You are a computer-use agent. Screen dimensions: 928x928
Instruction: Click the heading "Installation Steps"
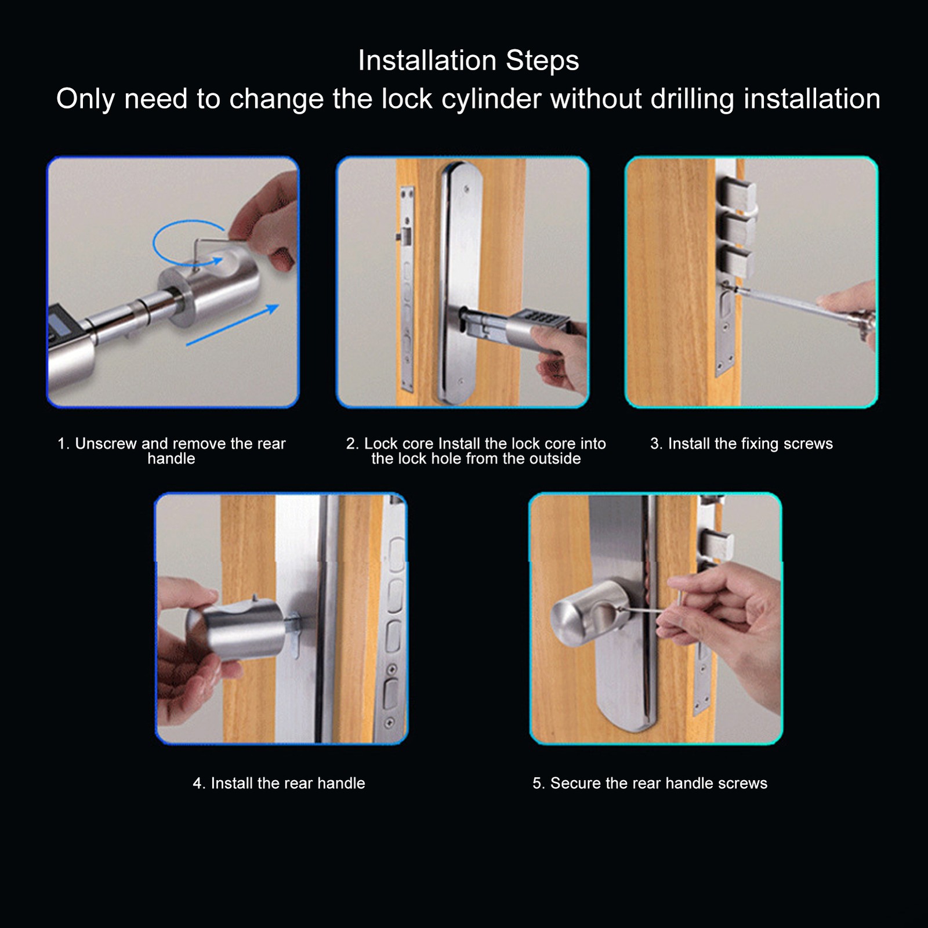click(x=469, y=60)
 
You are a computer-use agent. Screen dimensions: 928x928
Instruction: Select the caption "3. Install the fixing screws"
click(x=741, y=444)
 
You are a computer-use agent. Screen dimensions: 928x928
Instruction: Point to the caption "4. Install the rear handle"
click(x=279, y=783)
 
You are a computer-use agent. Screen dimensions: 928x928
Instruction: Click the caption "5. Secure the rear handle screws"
click(x=650, y=783)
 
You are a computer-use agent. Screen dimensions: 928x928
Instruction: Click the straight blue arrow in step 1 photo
click(x=232, y=325)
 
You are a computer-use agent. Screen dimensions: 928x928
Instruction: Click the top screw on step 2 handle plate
click(x=465, y=189)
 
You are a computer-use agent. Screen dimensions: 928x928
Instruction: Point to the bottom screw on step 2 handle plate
click(x=460, y=381)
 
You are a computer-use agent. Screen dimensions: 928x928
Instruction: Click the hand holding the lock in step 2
click(x=560, y=357)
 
